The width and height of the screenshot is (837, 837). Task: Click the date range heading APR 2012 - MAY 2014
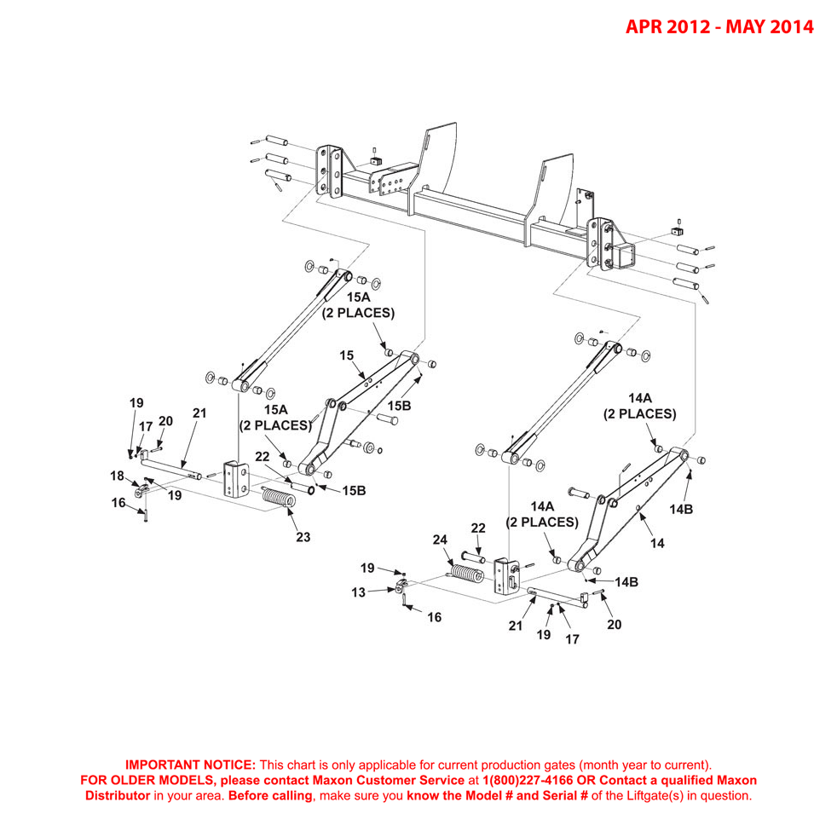(x=719, y=27)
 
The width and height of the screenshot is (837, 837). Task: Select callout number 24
(x=440, y=540)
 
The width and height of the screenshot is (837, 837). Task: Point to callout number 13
(x=361, y=592)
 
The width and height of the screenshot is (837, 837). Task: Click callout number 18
(x=117, y=476)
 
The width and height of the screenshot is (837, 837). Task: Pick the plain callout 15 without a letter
(x=346, y=354)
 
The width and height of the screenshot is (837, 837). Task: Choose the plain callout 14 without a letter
(x=656, y=542)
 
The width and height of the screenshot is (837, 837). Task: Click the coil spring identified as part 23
(x=276, y=498)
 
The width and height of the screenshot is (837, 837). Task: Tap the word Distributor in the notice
(x=117, y=795)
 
